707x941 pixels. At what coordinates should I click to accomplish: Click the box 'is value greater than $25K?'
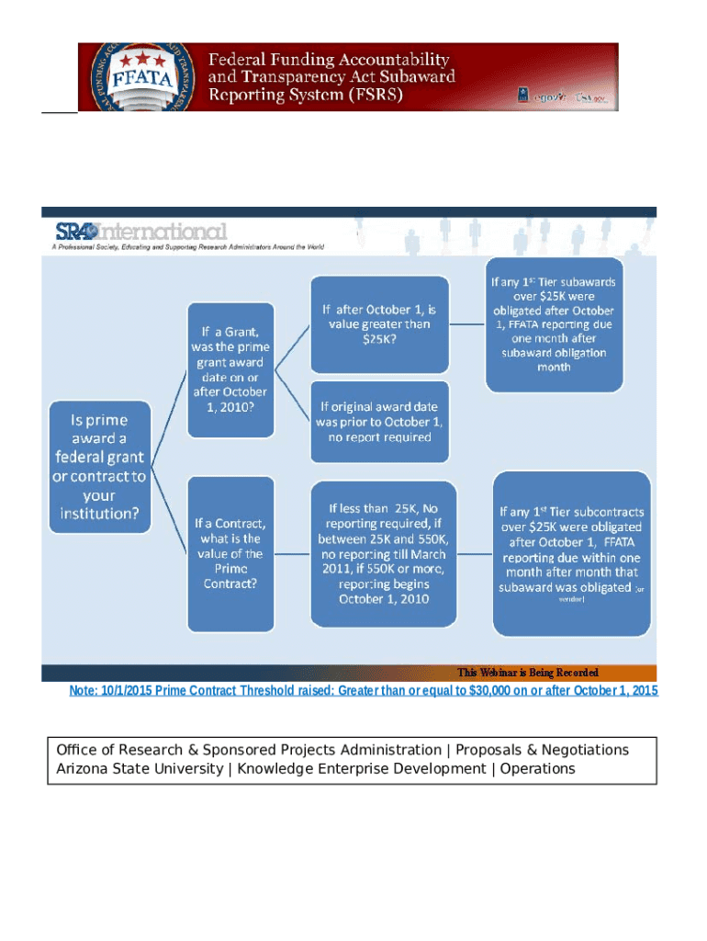pos(378,323)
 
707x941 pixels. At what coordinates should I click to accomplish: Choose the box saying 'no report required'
pos(378,421)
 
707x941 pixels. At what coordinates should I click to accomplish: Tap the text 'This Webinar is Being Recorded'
pos(528,673)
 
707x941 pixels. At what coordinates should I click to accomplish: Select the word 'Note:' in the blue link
pos(84,691)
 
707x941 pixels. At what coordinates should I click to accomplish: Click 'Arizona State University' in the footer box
pos(140,768)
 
